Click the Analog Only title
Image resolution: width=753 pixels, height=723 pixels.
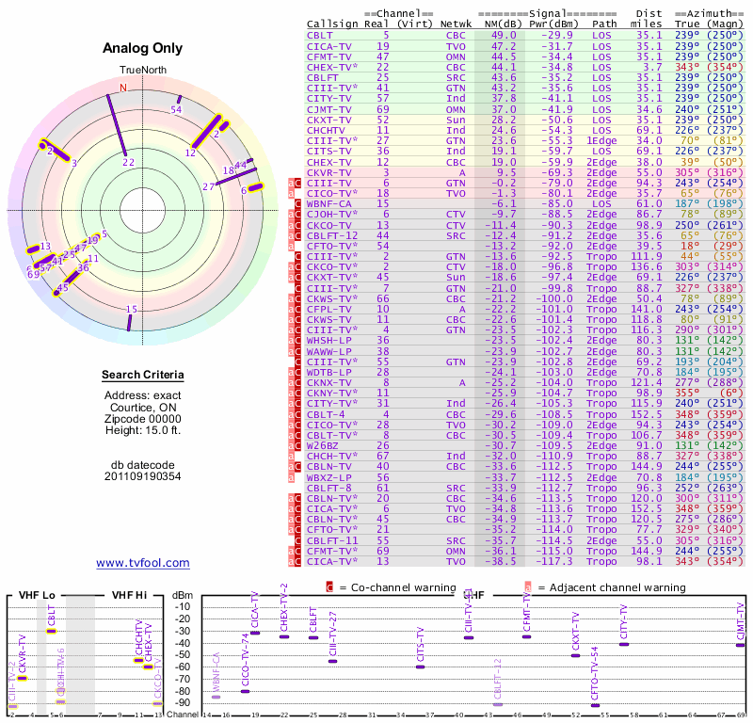click(x=142, y=49)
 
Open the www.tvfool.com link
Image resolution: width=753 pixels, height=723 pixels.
click(x=142, y=563)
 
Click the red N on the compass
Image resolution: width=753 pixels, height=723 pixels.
click(x=122, y=88)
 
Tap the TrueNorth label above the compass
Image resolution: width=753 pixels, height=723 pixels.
click(x=142, y=71)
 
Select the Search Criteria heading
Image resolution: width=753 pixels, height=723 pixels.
click(x=142, y=376)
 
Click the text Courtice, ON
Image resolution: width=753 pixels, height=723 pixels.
click(x=142, y=407)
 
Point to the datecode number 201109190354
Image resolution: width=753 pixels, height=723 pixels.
click(x=142, y=476)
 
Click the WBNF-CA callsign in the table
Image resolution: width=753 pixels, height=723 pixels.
click(x=329, y=203)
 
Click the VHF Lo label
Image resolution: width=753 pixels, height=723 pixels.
click(x=37, y=594)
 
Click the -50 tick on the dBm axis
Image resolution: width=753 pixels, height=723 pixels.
click(x=182, y=654)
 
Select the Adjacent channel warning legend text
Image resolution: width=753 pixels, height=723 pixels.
click(x=611, y=587)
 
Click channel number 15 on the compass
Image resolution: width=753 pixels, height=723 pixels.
click(x=132, y=310)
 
